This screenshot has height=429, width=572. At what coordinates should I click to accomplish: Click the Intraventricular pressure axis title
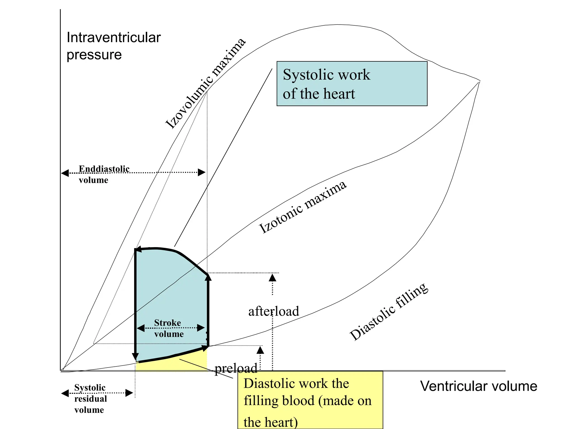(x=113, y=46)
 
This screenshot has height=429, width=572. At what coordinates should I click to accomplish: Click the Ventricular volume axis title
(x=478, y=386)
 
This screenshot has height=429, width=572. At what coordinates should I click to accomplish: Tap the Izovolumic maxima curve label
(x=205, y=84)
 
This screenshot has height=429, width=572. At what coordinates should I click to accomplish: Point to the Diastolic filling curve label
(x=389, y=312)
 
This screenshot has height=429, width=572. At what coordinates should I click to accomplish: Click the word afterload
(x=273, y=311)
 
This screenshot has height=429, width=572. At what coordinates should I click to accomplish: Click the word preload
(x=236, y=368)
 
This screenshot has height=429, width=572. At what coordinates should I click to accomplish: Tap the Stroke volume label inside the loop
(x=168, y=328)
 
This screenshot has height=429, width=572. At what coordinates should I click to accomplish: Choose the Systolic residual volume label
(x=90, y=399)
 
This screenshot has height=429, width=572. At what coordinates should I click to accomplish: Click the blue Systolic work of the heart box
(x=352, y=84)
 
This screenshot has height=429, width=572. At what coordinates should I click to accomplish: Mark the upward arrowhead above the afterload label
(x=272, y=278)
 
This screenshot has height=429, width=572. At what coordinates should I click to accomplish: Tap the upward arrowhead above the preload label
(x=260, y=350)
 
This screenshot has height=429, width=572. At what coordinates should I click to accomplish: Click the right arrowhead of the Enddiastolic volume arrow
(x=202, y=172)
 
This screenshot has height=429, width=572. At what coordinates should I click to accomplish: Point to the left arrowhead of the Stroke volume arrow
(x=140, y=328)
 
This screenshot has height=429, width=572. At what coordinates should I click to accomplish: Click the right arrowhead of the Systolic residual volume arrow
(x=129, y=393)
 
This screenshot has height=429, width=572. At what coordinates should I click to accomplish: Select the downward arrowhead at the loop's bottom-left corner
(x=135, y=357)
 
